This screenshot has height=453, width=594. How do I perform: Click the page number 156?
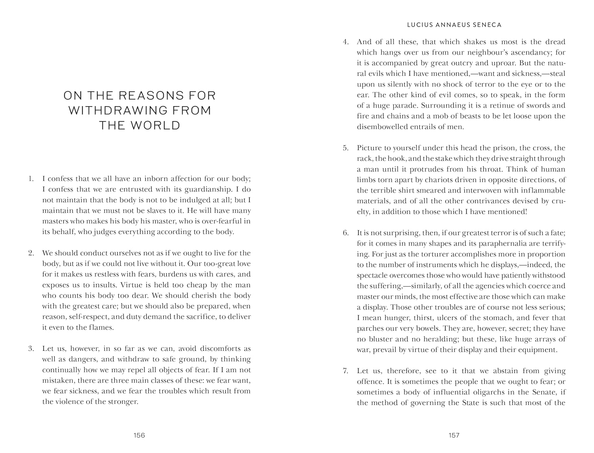139,435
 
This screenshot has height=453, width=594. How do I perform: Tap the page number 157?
454,435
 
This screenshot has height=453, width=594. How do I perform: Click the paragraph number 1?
30,179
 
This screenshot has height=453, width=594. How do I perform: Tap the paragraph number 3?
31,349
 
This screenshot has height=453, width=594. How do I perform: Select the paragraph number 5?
345,148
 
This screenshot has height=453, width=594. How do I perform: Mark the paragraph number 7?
345,371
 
